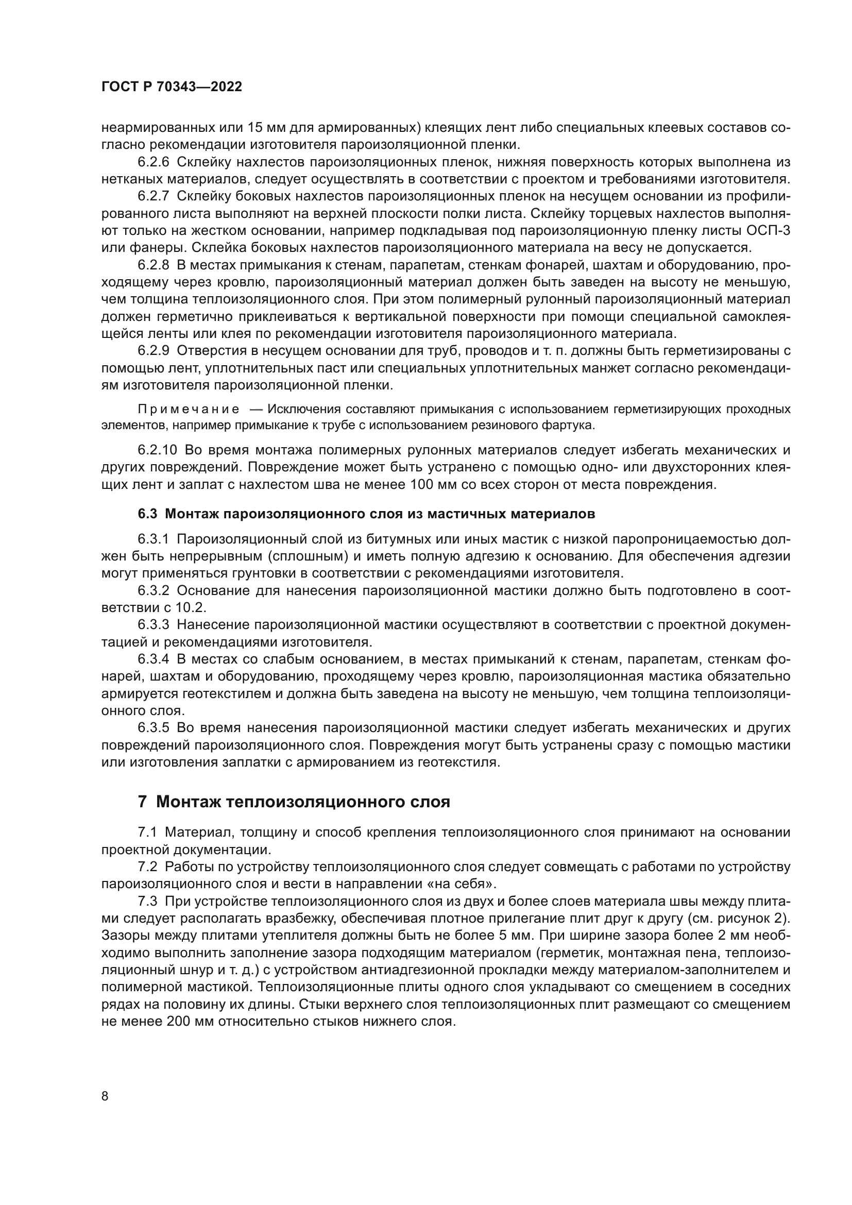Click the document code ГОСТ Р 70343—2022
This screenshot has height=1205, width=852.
[172, 87]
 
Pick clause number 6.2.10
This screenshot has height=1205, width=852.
[158, 450]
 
